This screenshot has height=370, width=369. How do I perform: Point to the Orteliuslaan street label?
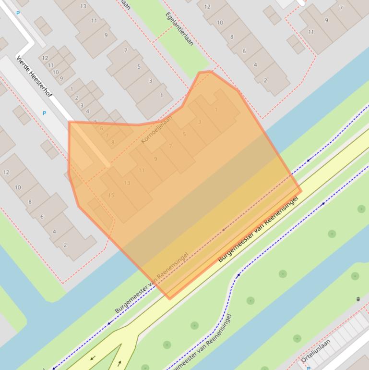(x=316, y=351)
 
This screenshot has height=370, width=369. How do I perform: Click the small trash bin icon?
(x=358, y=299)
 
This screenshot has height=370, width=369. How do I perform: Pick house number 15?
(x=111, y=195)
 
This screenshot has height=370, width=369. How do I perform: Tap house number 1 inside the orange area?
(x=216, y=110)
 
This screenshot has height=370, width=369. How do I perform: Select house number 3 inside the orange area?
(x=200, y=122)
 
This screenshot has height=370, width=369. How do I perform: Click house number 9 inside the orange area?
(x=155, y=159)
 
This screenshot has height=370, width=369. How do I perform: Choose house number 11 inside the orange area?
(x=142, y=170)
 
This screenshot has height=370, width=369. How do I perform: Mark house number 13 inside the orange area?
(x=127, y=183)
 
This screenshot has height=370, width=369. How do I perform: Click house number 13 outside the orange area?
(x=83, y=6)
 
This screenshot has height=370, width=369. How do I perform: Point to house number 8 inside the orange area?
(x=113, y=142)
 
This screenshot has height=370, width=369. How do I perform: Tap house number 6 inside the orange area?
(x=101, y=129)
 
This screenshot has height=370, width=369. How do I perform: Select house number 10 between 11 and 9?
(x=56, y=72)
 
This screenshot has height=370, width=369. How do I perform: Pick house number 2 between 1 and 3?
(x=76, y=98)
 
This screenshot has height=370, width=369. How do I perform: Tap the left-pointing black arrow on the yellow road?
(x=92, y=358)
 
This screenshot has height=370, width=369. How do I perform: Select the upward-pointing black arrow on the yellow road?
(x=119, y=362)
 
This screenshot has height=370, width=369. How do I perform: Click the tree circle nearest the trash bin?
(x=355, y=276)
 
